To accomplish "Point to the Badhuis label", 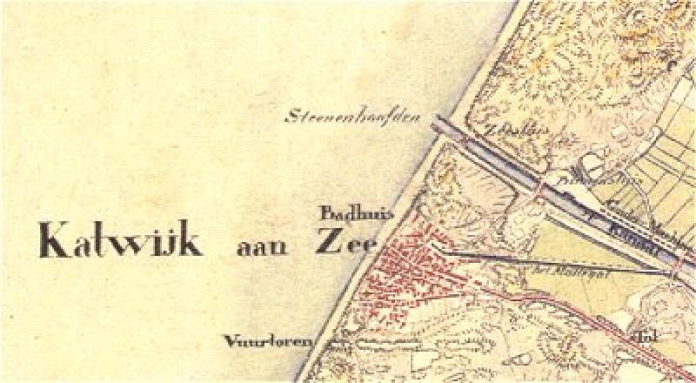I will click(345, 212).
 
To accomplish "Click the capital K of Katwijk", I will click(52, 239).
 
